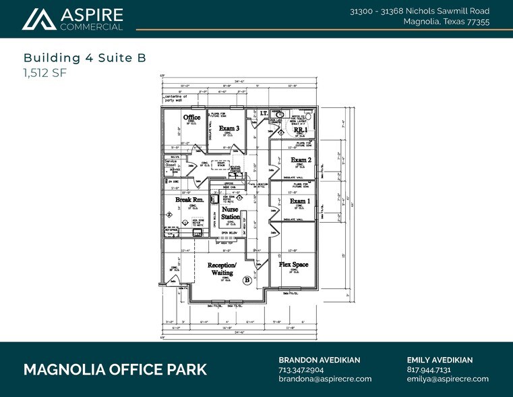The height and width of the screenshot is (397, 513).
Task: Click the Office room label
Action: coord(192,117)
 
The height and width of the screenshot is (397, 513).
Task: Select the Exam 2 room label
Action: coord(301,160)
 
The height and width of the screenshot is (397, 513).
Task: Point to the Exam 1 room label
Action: coord(300,201)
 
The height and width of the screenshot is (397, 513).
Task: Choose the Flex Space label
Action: coord(294,264)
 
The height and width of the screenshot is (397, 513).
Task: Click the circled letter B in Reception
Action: coord(247,280)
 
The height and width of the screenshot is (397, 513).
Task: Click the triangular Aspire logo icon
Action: coord(38,20)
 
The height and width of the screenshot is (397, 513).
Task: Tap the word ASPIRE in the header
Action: coord(92,15)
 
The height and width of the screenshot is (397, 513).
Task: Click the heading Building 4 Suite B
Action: coord(85,58)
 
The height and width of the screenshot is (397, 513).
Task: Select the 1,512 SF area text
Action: coord(44,74)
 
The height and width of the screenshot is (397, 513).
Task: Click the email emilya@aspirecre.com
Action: coord(448,379)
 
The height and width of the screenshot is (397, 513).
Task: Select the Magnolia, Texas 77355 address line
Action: coord(446,22)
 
